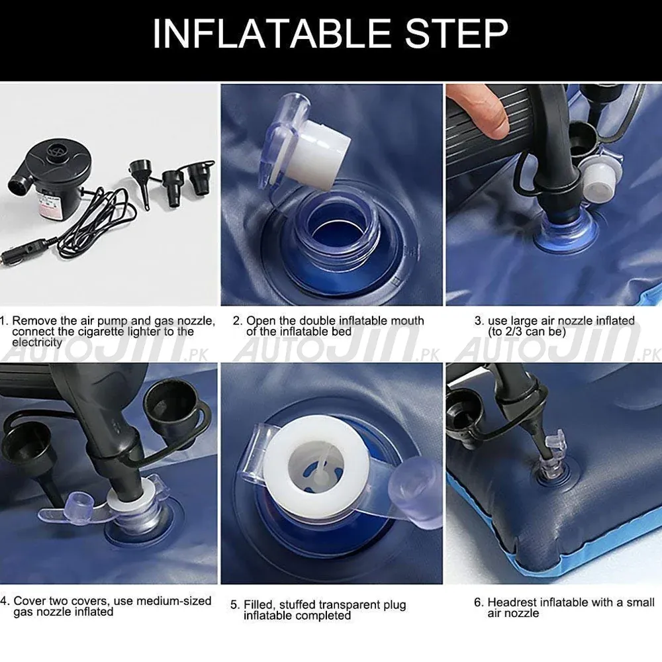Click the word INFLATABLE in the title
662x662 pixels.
pos(272,33)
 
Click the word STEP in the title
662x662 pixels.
pos(456,33)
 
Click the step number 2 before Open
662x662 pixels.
pos(237,320)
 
